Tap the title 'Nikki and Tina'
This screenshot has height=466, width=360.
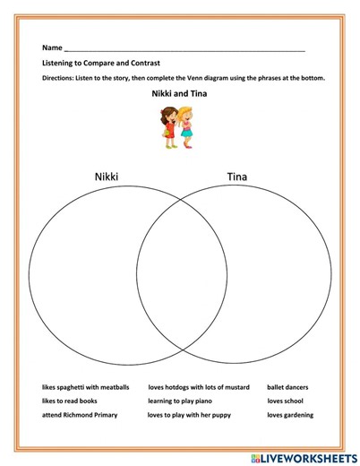(x=180, y=96)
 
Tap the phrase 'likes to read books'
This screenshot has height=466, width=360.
(x=70, y=401)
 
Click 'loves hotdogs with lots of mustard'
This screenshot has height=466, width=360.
(x=198, y=388)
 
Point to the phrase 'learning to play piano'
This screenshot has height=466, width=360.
(x=182, y=401)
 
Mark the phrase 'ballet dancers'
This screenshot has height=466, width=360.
(x=287, y=388)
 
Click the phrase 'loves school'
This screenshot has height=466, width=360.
(x=285, y=401)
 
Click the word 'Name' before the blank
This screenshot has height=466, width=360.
(x=51, y=47)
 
